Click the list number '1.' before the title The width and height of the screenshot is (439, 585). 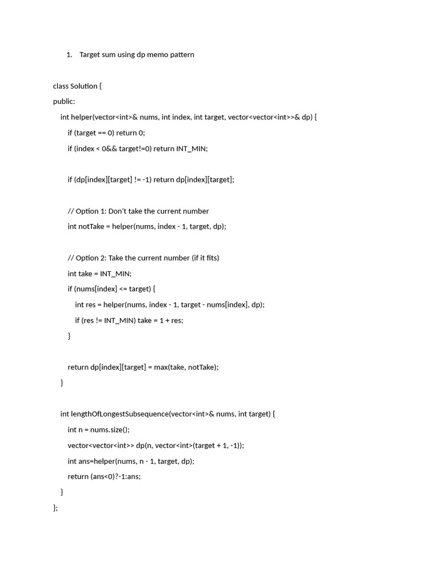[69, 55]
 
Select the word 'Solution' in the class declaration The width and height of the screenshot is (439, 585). [84, 86]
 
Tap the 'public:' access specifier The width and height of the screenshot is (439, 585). [64, 102]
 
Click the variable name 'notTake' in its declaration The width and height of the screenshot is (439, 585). [91, 227]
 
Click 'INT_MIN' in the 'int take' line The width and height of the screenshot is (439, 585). [115, 274]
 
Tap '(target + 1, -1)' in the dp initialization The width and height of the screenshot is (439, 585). [217, 446]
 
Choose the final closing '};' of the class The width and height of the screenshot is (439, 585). [55, 508]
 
